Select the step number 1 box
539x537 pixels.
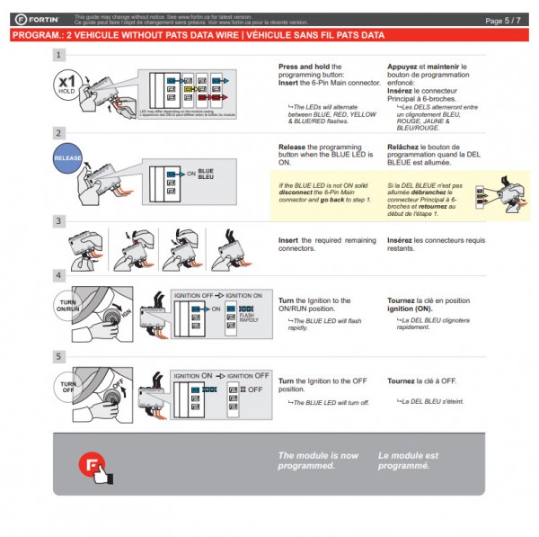click(x=58, y=55)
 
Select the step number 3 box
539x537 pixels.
click(x=58, y=220)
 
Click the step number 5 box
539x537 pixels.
click(x=58, y=356)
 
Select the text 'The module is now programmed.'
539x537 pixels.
click(x=318, y=461)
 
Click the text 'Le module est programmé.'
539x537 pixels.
click(x=409, y=461)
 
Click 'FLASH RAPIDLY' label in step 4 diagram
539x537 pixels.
click(x=247, y=317)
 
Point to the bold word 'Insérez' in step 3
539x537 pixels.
click(x=401, y=240)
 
